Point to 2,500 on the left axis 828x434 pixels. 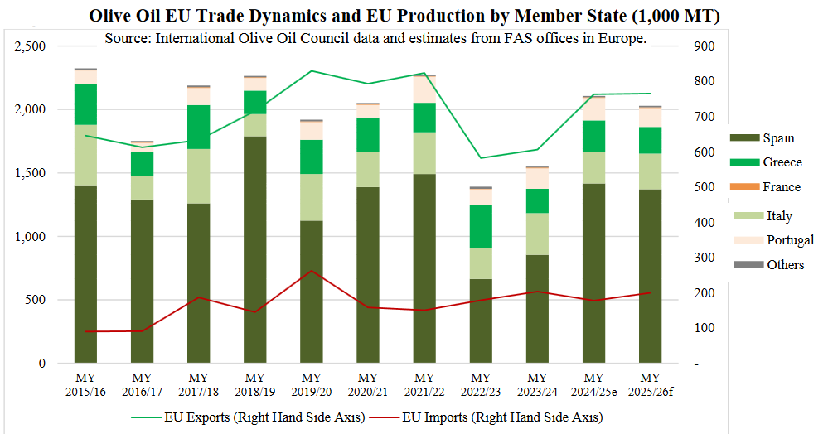coord(31,46)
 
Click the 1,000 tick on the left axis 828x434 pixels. coord(31,237)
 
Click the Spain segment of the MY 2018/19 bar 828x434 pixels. coord(254,248)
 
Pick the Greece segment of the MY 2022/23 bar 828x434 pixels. coord(481,226)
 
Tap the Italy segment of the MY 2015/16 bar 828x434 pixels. coord(85,155)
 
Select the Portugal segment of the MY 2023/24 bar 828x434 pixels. coord(537,178)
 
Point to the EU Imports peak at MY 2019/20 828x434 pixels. coord(311,271)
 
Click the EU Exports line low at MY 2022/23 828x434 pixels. coord(481,158)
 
